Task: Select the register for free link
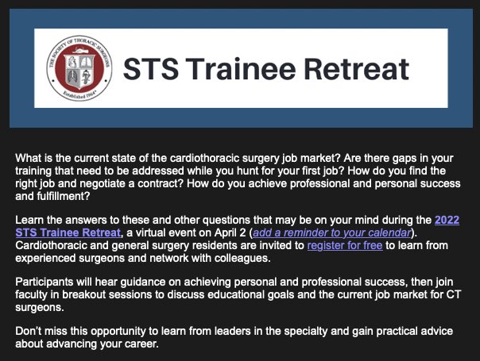pos(345,245)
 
